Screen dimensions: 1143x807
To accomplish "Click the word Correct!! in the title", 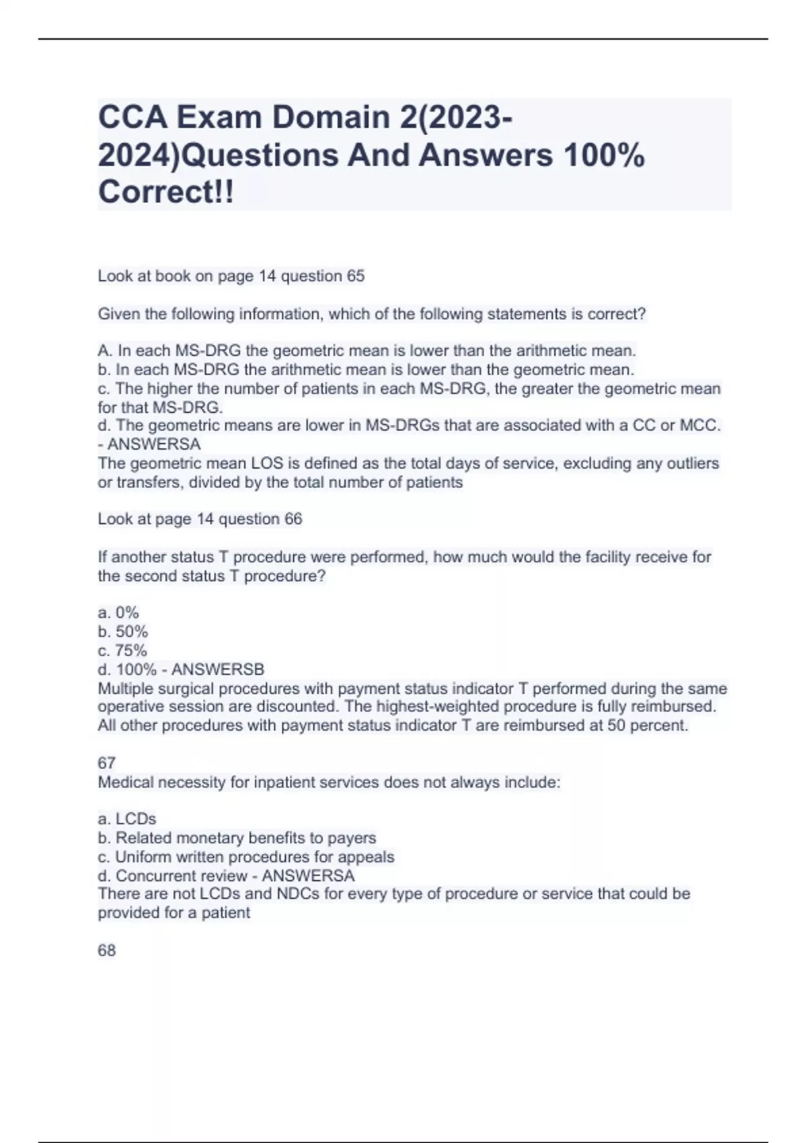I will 166,192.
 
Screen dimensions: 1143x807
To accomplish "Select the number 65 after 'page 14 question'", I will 355,276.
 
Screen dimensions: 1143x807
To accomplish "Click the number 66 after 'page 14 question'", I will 293,519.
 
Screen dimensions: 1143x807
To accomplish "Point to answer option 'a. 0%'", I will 118,613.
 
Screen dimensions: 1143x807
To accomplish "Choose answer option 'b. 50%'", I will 122,631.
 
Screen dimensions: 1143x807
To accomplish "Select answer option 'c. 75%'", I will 122,650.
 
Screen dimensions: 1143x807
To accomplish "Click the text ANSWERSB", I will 218,670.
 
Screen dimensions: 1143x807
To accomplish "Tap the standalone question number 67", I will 106,763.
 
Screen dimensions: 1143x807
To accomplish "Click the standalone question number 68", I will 106,951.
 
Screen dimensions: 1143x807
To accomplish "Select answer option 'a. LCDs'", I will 126,819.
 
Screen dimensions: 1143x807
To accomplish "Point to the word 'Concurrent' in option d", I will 154,876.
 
